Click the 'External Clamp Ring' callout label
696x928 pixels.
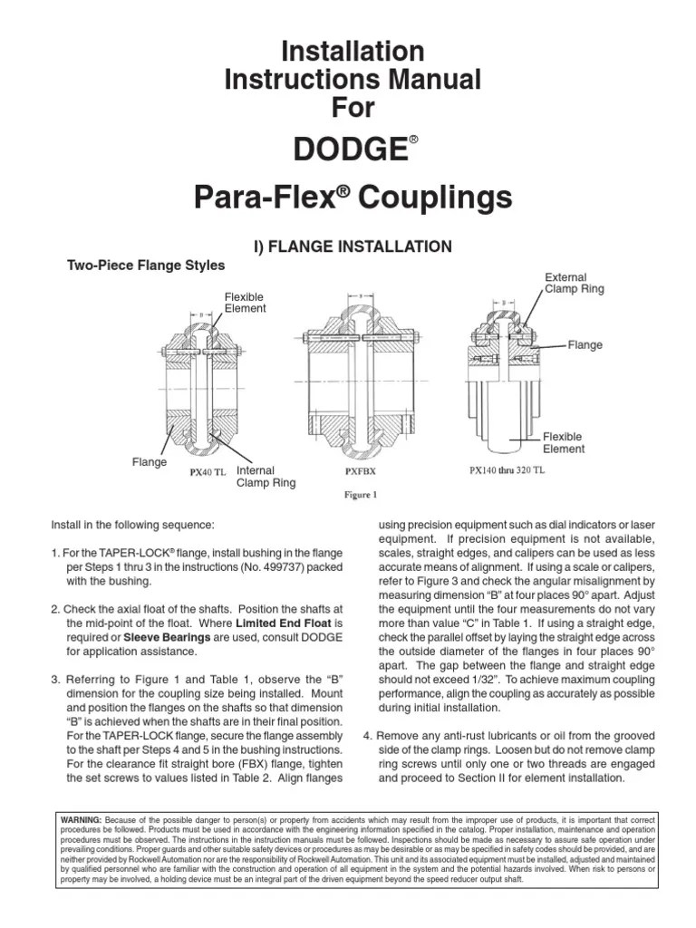coord(574,283)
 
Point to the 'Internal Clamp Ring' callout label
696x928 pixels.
coord(266,477)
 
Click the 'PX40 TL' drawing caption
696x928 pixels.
coord(208,472)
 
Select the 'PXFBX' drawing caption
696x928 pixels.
coord(360,472)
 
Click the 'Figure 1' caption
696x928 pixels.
coord(359,495)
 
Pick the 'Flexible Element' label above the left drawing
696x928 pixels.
coord(246,303)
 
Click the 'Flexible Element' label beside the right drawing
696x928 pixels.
coord(564,442)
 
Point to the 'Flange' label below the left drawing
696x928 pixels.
coord(150,462)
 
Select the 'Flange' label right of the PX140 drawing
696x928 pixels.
coord(585,345)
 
